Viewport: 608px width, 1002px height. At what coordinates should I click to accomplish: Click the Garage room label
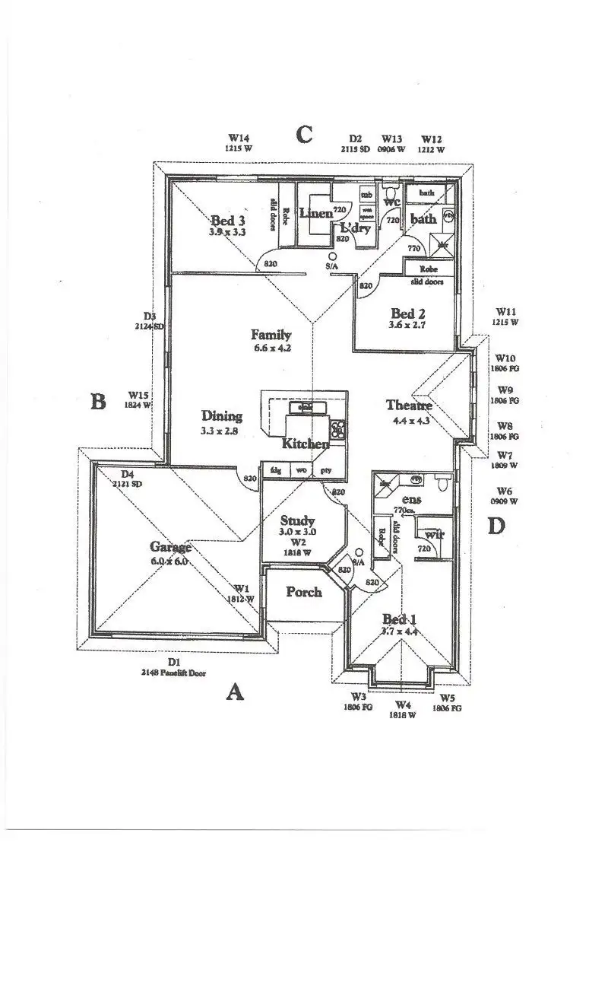[169, 547]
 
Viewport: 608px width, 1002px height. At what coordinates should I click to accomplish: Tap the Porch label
[304, 592]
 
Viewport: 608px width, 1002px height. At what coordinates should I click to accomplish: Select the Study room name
[292, 521]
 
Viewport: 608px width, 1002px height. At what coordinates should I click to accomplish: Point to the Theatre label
[409, 406]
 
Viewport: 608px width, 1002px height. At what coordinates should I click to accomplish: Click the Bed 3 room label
[227, 221]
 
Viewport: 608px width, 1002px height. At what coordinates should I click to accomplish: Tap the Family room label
[271, 335]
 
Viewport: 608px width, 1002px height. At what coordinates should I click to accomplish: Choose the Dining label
[222, 416]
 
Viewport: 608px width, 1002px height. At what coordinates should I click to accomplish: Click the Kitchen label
[306, 444]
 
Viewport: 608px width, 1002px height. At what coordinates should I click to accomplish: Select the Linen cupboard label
[315, 214]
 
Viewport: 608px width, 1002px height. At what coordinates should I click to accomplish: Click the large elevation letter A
[236, 692]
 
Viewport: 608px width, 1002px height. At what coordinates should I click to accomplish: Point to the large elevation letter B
[98, 402]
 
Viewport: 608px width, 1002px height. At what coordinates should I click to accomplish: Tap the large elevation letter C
[304, 135]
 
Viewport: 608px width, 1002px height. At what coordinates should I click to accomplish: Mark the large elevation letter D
[496, 526]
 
